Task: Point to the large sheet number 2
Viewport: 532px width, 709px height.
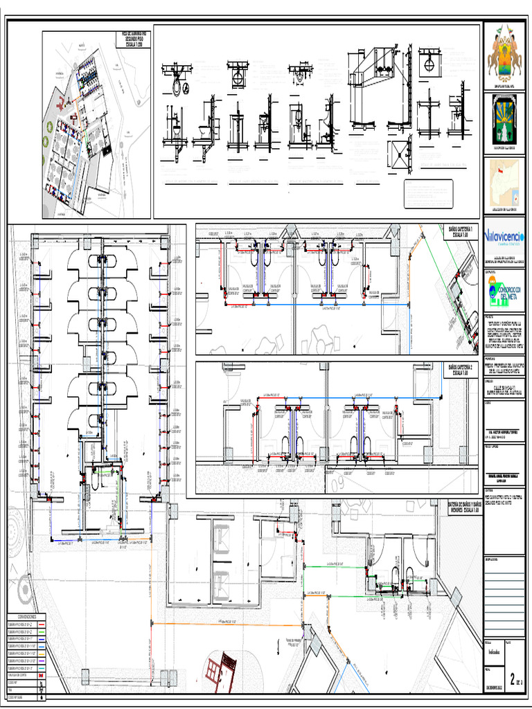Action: click(x=513, y=678)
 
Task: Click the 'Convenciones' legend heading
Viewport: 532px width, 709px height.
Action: click(x=27, y=616)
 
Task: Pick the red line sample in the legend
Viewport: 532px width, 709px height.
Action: click(x=42, y=624)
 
